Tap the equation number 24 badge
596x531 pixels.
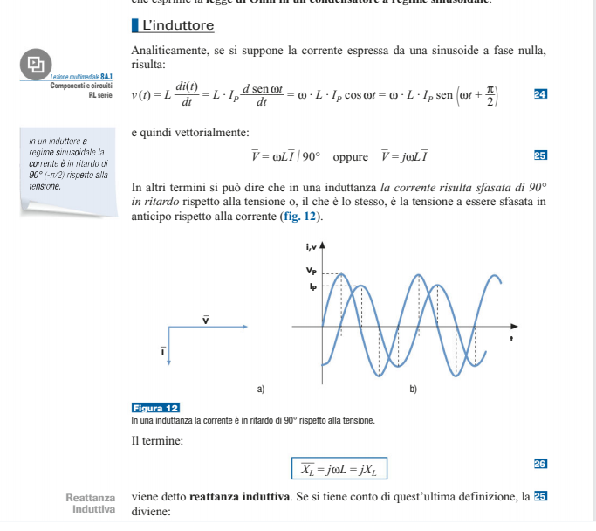(x=539, y=93)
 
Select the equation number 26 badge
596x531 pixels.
(x=539, y=463)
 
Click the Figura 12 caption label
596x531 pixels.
(x=155, y=408)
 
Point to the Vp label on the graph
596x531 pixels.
(x=312, y=272)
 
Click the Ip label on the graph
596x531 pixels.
(x=312, y=285)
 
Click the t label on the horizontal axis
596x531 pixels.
(x=511, y=337)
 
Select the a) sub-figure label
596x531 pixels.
(x=260, y=387)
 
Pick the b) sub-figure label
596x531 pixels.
(x=413, y=387)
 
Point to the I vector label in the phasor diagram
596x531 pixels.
(x=162, y=350)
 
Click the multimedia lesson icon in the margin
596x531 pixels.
(x=35, y=63)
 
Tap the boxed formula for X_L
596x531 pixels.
(x=339, y=469)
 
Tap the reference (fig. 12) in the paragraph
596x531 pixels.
(x=301, y=216)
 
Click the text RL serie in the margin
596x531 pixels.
(x=100, y=94)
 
